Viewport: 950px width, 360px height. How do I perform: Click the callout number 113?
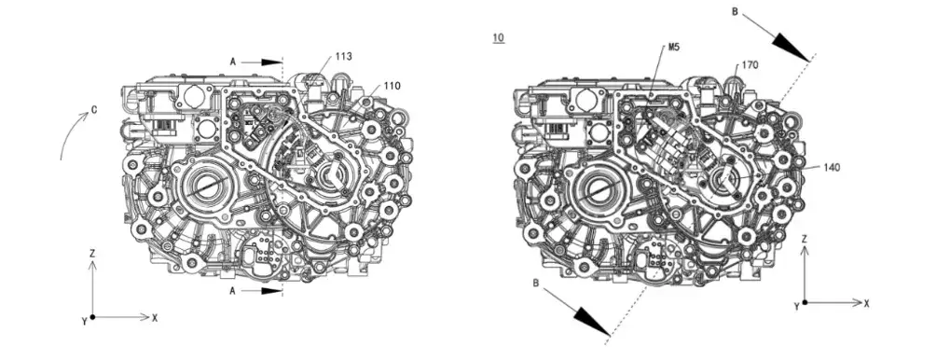pos(343,56)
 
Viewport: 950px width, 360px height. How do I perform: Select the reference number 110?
pos(392,86)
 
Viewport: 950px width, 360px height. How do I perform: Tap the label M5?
pos(674,47)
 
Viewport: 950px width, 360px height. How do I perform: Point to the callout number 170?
pos(750,65)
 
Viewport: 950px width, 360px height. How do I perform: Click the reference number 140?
pos(832,168)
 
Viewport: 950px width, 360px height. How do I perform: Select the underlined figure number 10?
pos(498,38)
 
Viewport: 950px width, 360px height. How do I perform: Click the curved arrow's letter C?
pos(94,110)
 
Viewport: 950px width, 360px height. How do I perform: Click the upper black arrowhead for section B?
pos(791,46)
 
